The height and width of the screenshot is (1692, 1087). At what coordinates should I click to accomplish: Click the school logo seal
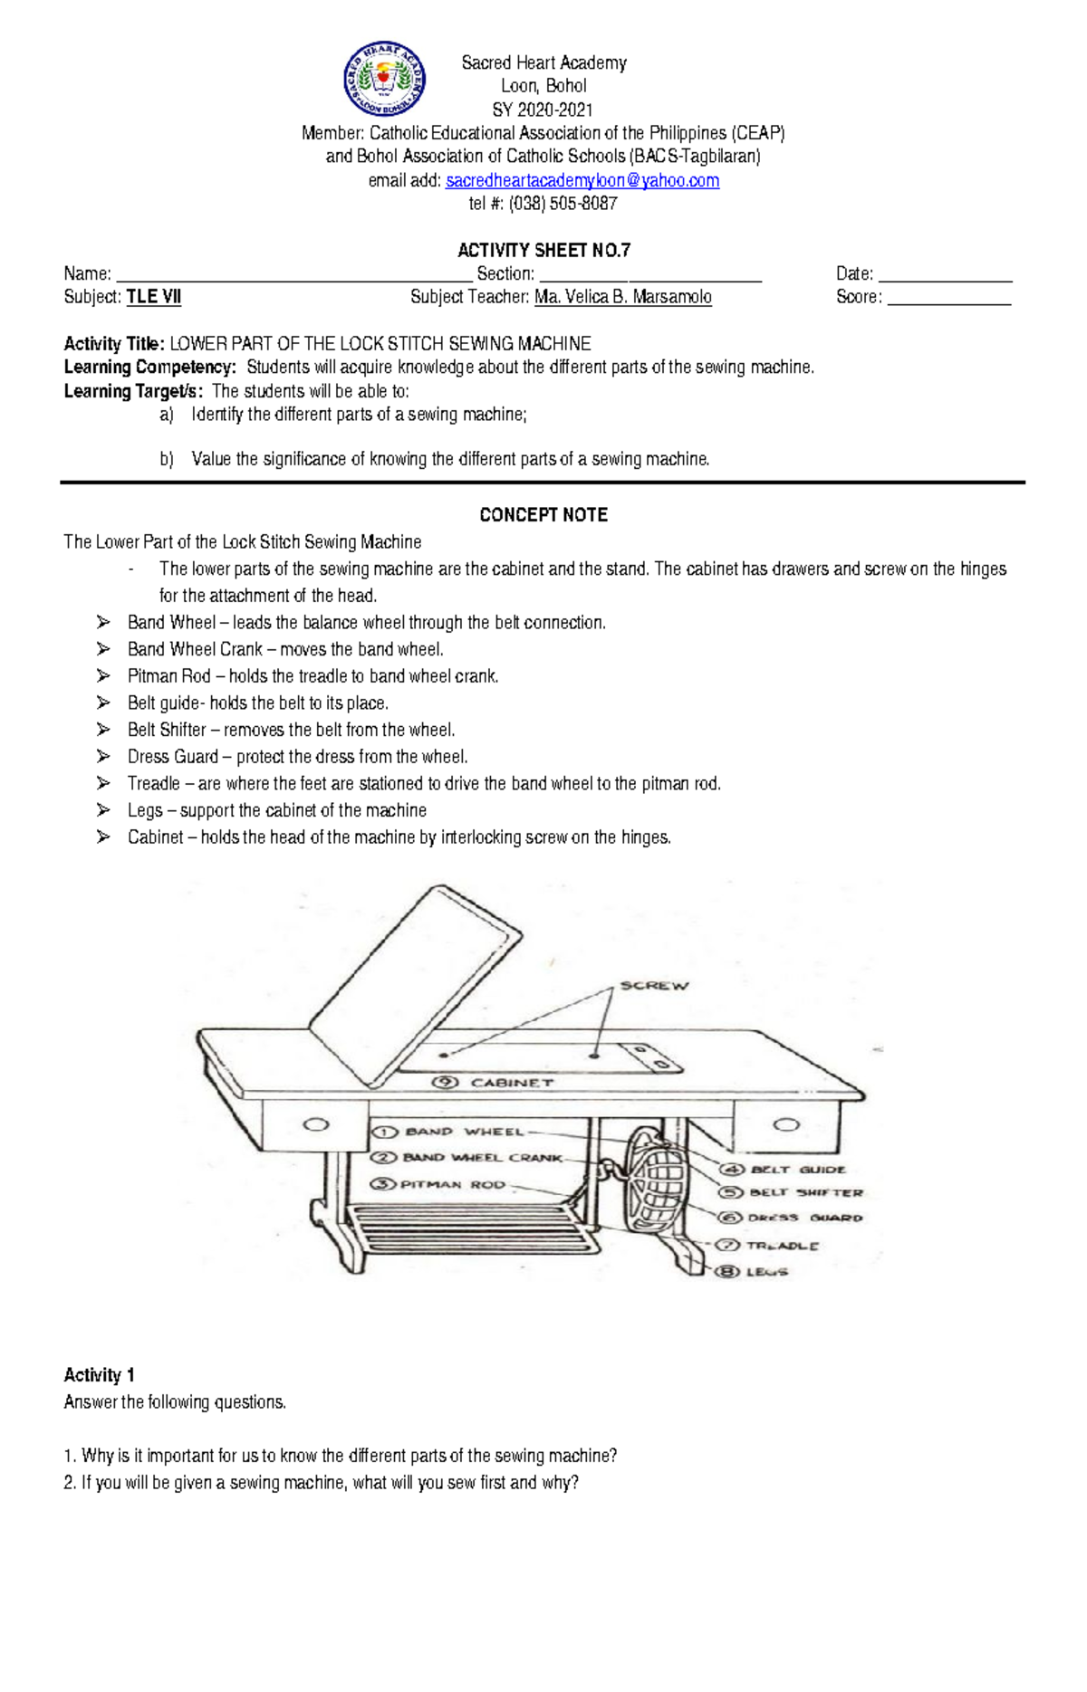pyautogui.click(x=384, y=80)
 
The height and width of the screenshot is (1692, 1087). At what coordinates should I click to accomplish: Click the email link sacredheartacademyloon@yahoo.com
pyautogui.click(x=582, y=180)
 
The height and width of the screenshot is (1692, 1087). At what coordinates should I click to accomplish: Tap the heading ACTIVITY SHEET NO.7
pyautogui.click(x=543, y=250)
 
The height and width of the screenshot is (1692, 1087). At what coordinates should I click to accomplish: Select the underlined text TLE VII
pyautogui.click(x=154, y=297)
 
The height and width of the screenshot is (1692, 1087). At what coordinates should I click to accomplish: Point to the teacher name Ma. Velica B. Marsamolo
pyautogui.click(x=623, y=297)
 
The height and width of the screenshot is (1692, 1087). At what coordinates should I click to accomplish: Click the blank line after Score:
pyautogui.click(x=948, y=299)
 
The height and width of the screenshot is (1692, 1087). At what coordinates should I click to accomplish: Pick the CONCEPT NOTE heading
pyautogui.click(x=543, y=515)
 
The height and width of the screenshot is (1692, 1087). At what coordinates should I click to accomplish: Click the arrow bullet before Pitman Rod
pyautogui.click(x=103, y=676)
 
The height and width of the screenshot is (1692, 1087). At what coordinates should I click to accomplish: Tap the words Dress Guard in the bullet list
pyautogui.click(x=173, y=757)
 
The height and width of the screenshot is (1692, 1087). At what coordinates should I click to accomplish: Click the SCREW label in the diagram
pyautogui.click(x=654, y=986)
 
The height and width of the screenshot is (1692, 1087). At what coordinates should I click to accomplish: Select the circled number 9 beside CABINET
pyautogui.click(x=445, y=1082)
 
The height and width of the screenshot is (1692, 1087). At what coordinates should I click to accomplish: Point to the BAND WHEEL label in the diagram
pyautogui.click(x=465, y=1132)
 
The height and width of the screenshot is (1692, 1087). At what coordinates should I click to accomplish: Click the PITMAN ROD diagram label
pyautogui.click(x=453, y=1184)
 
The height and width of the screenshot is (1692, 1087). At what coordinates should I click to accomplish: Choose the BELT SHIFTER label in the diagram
pyautogui.click(x=806, y=1192)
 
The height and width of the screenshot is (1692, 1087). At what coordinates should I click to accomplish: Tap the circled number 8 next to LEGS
pyautogui.click(x=727, y=1272)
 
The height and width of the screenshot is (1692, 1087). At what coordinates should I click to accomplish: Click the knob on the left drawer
pyautogui.click(x=315, y=1125)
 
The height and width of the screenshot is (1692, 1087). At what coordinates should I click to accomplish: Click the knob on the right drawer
pyautogui.click(x=786, y=1125)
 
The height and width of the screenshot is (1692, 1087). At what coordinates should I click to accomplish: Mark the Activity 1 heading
pyautogui.click(x=100, y=1375)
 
